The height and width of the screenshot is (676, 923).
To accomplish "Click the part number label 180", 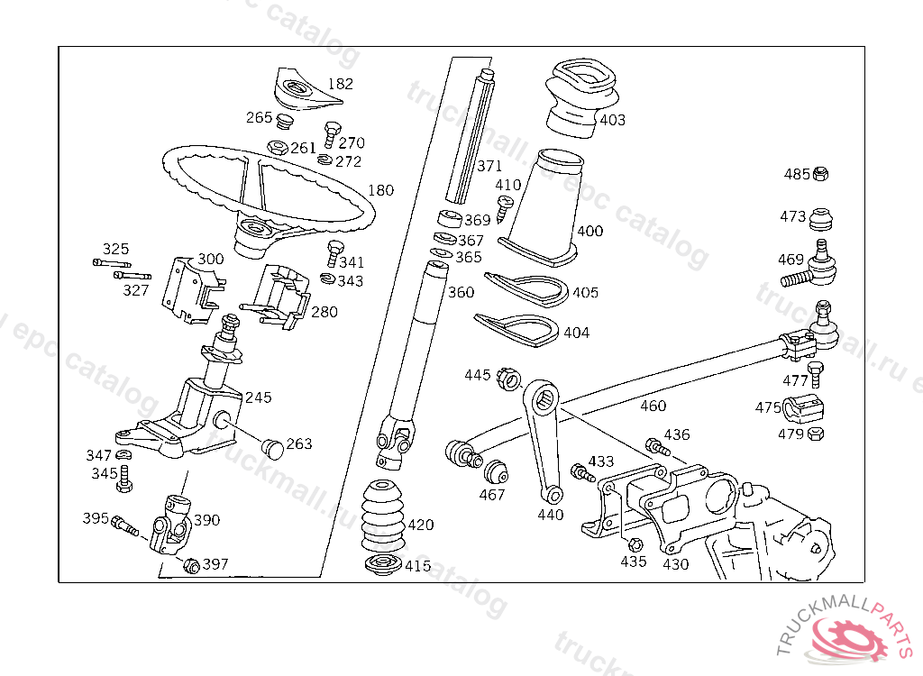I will pyautogui.click(x=381, y=191).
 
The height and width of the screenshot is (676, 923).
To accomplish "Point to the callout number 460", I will pyautogui.click(x=653, y=406).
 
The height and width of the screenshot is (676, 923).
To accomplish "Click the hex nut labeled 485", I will pyautogui.click(x=820, y=174).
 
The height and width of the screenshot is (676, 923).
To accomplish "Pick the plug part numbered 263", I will pyautogui.click(x=271, y=444).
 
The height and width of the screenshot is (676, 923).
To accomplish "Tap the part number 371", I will pyautogui.click(x=489, y=167).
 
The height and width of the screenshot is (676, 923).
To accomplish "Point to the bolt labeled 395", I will pyautogui.click(x=124, y=523).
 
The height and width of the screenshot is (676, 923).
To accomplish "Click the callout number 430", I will pyautogui.click(x=675, y=564).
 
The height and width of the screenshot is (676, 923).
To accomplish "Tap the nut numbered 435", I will pyautogui.click(x=633, y=544).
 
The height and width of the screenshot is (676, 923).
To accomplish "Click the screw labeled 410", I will pyautogui.click(x=505, y=206).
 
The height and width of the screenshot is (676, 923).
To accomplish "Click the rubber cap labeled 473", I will pyautogui.click(x=820, y=219).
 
